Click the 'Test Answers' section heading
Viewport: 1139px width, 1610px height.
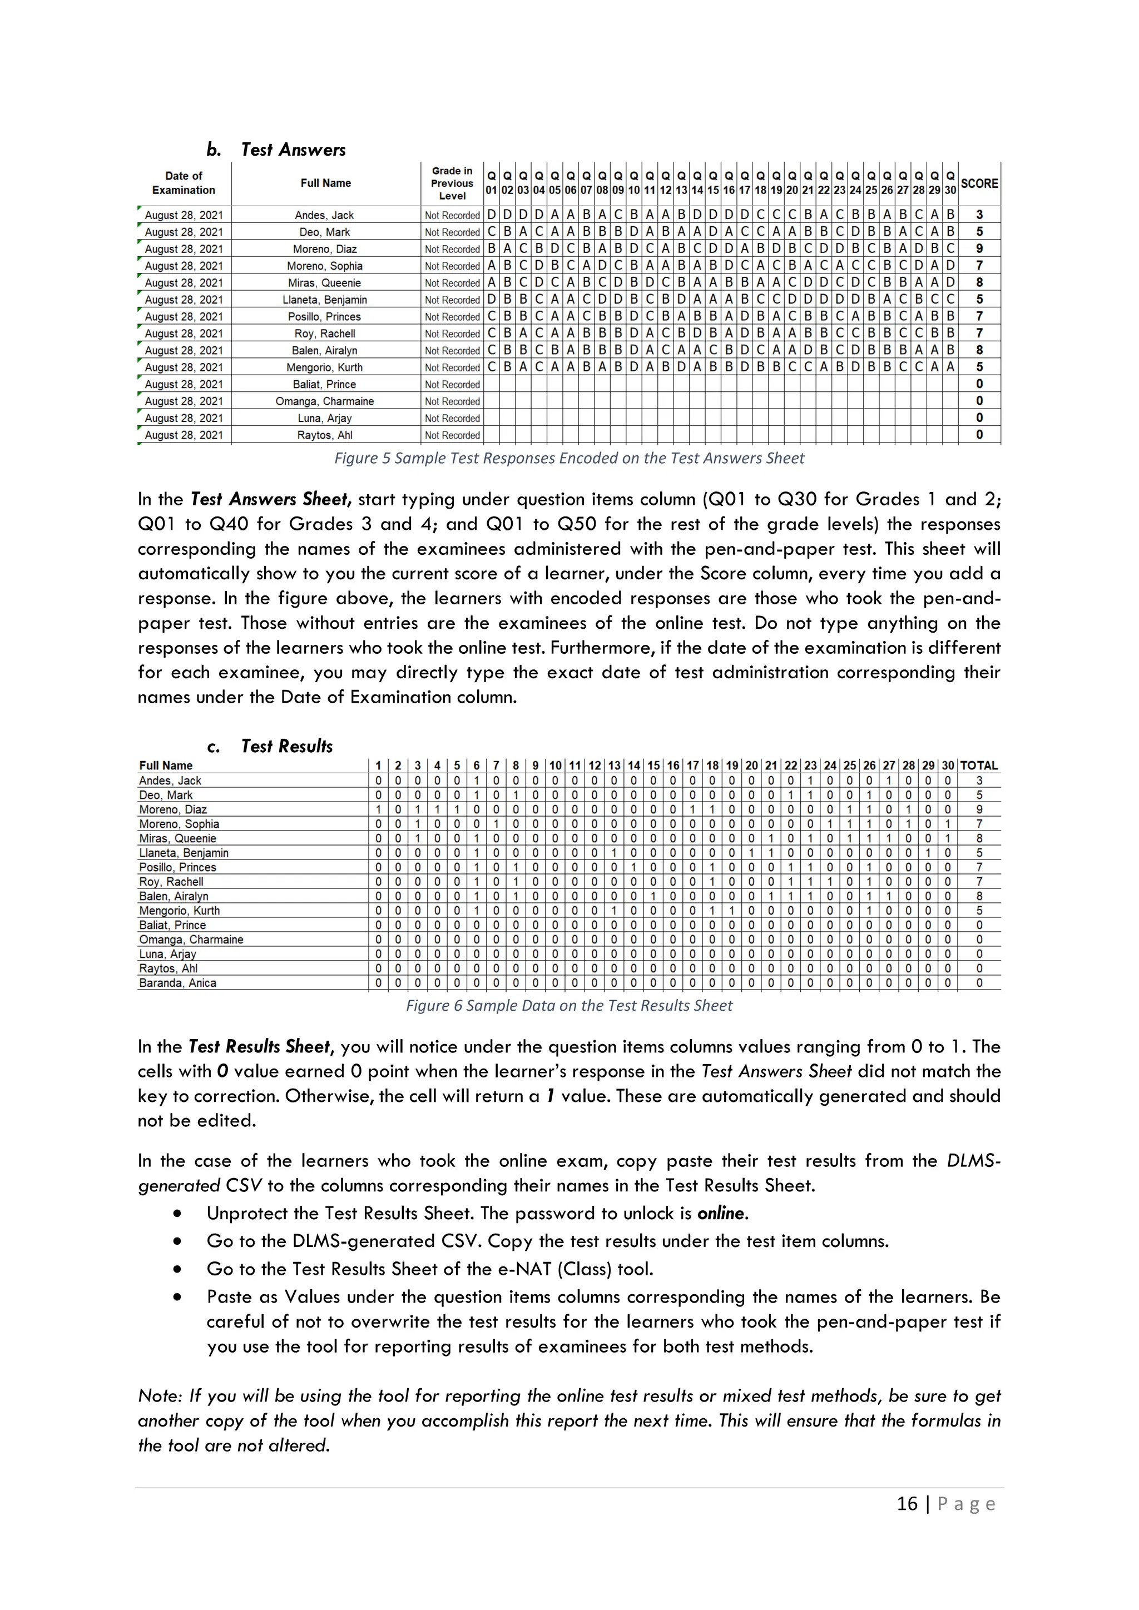[x=293, y=150]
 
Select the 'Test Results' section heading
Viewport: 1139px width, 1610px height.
[x=286, y=746]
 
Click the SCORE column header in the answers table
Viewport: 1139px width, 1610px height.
[x=979, y=183]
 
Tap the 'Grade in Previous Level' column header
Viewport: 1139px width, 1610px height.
[x=452, y=183]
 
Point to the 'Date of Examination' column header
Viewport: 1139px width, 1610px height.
[x=184, y=183]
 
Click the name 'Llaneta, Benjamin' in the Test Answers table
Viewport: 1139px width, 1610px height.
[x=325, y=300]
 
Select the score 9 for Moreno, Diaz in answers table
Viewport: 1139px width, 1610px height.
[x=979, y=249]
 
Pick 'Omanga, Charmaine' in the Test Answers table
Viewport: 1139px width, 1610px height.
[x=325, y=401]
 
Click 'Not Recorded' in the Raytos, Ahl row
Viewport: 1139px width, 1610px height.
[x=452, y=435]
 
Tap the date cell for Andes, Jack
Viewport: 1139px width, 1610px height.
[x=184, y=215]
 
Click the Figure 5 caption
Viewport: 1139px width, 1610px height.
[x=569, y=459]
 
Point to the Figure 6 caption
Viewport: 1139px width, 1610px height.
[x=569, y=1006]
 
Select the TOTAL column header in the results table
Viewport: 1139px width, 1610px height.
[x=978, y=766]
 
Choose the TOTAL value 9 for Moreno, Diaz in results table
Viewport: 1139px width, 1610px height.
[x=979, y=809]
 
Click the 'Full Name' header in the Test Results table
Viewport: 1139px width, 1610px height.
[x=166, y=766]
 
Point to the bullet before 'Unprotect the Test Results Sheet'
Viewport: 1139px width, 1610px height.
[x=177, y=1214]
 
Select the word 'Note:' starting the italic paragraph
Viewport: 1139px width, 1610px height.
[x=160, y=1396]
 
